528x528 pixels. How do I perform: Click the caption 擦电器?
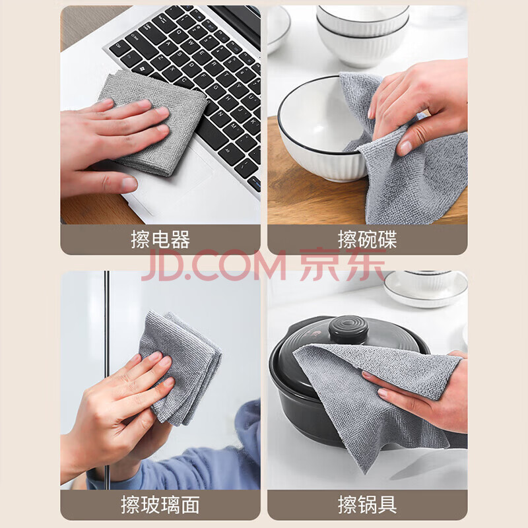pos(160,240)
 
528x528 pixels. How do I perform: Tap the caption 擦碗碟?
pos(368,240)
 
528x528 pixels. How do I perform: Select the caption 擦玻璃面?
pos(160,505)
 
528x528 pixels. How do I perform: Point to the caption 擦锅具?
pos(368,505)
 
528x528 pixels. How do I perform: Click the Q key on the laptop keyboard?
pos(179,32)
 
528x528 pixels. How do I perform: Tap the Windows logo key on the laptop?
pos(143,69)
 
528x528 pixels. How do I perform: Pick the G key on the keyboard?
pos(216,88)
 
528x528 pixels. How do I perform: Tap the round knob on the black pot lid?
pos(348,329)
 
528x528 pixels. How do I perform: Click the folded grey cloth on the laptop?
pos(152,122)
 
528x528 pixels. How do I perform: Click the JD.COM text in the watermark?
pos(213,265)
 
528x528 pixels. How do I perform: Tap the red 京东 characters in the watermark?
pos(343,265)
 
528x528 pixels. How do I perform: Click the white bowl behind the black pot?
pos(426,289)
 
